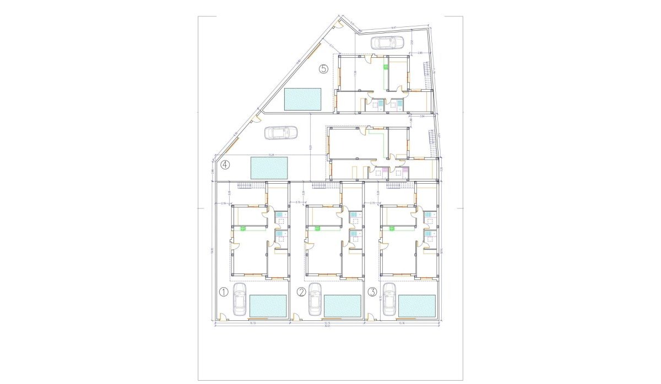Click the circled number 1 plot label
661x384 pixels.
coord(224,292)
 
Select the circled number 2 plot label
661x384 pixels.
coord(301,292)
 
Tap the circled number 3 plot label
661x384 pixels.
coord(373,292)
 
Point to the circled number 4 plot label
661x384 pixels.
coord(225,164)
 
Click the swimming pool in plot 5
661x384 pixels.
coord(302,99)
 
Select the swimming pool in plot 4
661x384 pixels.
coord(269,167)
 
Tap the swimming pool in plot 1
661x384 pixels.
coord(269,306)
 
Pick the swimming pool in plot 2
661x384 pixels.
coord(343,306)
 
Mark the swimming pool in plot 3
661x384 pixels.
coord(417,306)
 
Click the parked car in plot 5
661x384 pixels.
coord(388,42)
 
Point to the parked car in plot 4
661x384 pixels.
coord(281,133)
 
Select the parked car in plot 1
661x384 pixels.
coord(240,300)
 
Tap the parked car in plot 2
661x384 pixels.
coord(315,300)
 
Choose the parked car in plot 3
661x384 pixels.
coord(389,300)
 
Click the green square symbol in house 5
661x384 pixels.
coord(386,67)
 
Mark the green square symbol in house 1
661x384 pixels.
coord(242,229)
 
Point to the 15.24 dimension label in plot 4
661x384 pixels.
coord(271,155)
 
